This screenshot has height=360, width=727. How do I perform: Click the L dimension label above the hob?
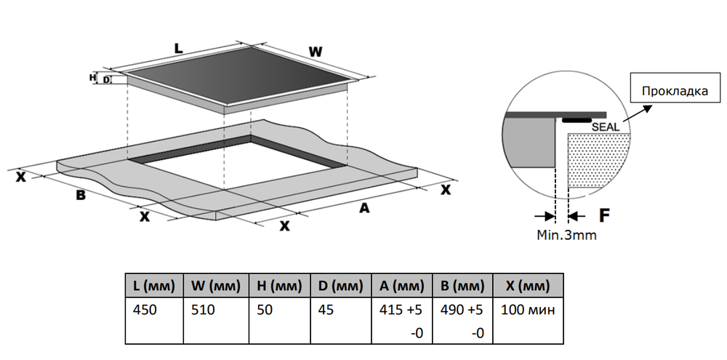pyautogui.click(x=178, y=48)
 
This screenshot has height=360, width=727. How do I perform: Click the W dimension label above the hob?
pyautogui.click(x=314, y=52)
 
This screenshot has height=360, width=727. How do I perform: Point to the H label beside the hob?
pyautogui.click(x=92, y=76)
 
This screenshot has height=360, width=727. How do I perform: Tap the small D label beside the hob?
pyautogui.click(x=107, y=79)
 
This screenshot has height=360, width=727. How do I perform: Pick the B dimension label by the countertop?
pyautogui.click(x=81, y=195)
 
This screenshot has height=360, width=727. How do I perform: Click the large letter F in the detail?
pyautogui.click(x=603, y=216)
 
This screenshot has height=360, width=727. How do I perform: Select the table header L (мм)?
pyautogui.click(x=151, y=284)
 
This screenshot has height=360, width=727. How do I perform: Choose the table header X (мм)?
pyautogui.click(x=529, y=284)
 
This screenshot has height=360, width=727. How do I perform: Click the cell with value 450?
pyautogui.click(x=145, y=310)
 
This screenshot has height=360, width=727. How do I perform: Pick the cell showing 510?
pyautogui.click(x=204, y=310)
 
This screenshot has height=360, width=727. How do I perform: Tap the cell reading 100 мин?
pyautogui.click(x=527, y=310)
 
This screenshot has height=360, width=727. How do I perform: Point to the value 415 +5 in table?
pyautogui.click(x=401, y=310)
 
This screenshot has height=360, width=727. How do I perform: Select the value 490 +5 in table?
pyautogui.click(x=462, y=310)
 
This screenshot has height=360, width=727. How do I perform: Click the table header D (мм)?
pyautogui.click(x=340, y=284)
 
